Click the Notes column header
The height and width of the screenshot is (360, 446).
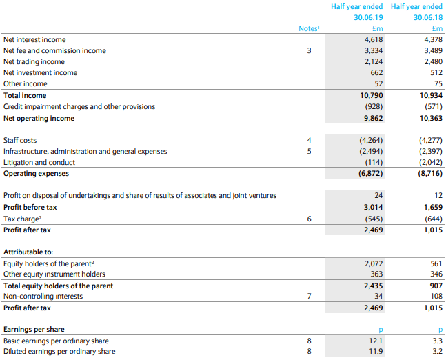310,28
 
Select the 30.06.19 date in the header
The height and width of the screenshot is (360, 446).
368,17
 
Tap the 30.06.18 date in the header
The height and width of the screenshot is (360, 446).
428,17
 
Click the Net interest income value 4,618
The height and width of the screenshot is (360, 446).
374,39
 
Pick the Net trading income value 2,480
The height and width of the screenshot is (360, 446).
434,62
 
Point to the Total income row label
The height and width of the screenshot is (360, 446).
25,96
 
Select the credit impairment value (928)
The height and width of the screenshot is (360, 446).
374,106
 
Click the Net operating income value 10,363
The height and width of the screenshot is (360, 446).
432,119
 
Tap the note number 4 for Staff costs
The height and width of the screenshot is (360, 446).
310,140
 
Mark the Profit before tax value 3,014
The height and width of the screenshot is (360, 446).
374,207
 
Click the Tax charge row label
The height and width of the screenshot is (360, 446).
23,219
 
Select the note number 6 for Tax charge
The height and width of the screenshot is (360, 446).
310,219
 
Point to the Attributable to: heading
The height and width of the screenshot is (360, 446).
28,252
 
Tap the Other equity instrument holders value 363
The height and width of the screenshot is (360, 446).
376,274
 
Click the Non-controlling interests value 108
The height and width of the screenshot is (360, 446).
436,297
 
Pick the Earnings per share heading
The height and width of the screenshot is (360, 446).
34,329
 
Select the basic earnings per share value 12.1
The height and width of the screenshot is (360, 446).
376,341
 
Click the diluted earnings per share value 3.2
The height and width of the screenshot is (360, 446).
438,352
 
